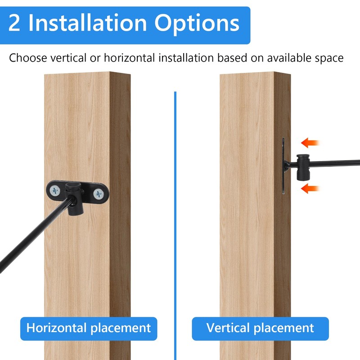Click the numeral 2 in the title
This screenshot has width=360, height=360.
click(x=14, y=23)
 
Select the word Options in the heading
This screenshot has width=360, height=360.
click(x=197, y=24)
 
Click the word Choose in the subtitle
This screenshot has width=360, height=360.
click(x=28, y=58)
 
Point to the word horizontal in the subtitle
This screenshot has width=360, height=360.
click(x=129, y=58)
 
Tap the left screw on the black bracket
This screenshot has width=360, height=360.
click(x=55, y=190)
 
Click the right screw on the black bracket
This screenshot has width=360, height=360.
click(x=99, y=194)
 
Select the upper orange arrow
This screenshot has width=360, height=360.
click(x=310, y=143)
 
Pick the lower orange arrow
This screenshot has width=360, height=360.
click(x=310, y=189)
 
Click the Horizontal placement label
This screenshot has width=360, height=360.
click(x=89, y=328)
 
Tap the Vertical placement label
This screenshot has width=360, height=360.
click(x=260, y=328)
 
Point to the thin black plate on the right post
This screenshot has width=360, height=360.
click(x=283, y=166)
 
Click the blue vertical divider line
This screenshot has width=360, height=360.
click(x=175, y=226)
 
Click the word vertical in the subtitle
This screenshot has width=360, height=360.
click(x=68, y=58)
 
